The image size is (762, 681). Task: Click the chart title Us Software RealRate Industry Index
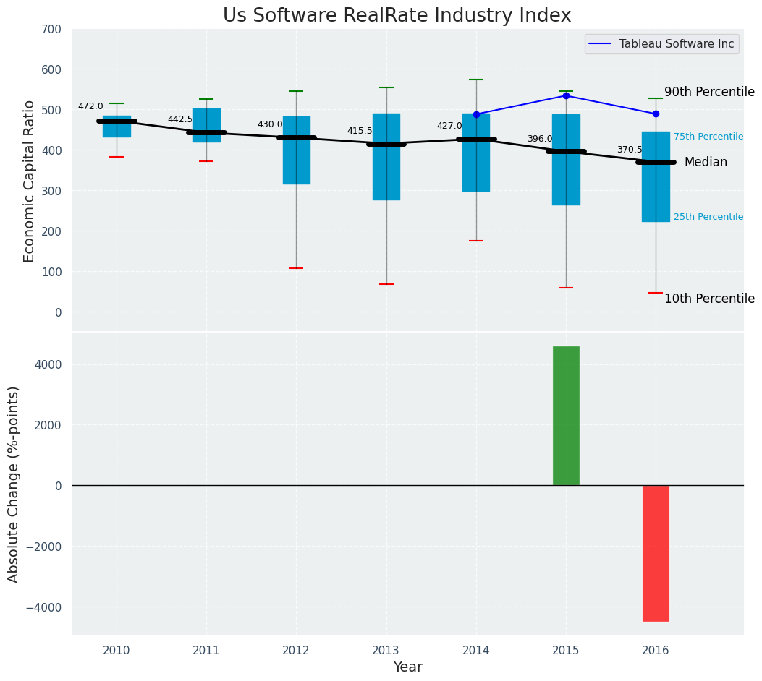[397, 16]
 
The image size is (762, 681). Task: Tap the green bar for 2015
[566, 416]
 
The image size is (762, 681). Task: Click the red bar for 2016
[656, 553]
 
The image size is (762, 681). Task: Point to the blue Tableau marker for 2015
[566, 95]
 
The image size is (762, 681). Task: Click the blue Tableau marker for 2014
[476, 114]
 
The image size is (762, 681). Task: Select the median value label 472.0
[90, 106]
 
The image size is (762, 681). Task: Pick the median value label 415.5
[360, 131]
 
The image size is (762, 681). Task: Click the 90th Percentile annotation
[709, 92]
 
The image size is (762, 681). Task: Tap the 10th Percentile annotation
[709, 299]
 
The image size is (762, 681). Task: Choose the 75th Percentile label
[708, 137]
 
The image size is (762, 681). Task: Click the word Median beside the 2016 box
[706, 163]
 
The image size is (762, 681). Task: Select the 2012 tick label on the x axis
[296, 651]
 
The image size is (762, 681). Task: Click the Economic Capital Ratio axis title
[30, 181]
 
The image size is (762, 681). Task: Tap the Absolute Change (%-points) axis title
[14, 484]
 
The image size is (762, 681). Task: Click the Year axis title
[408, 667]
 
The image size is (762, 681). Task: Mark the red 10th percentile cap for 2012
[296, 268]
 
